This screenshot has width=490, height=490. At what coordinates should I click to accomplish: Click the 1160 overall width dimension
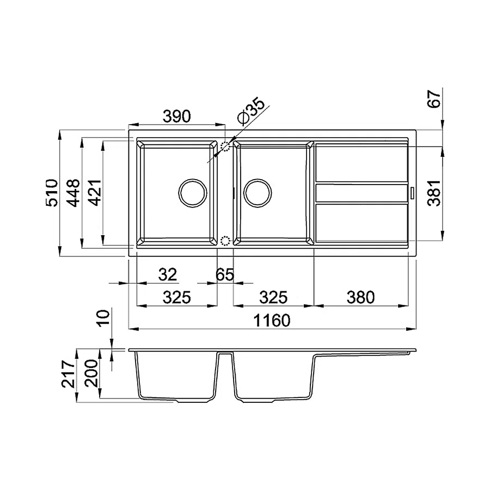point(272,320)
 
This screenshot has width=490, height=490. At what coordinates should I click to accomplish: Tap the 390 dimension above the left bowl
point(176,117)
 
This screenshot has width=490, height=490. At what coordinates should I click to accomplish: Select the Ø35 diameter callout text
point(251,111)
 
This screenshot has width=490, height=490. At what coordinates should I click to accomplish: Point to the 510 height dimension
point(52,193)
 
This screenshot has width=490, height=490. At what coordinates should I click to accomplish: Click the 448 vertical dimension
point(73,193)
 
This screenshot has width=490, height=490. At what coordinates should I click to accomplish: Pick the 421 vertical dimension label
point(95,193)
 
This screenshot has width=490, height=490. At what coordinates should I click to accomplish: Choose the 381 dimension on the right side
point(434,193)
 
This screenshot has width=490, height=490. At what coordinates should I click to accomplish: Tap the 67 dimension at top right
point(434,99)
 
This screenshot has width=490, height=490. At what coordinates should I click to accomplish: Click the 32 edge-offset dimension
point(168,274)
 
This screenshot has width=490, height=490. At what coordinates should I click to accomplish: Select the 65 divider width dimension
point(225,275)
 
